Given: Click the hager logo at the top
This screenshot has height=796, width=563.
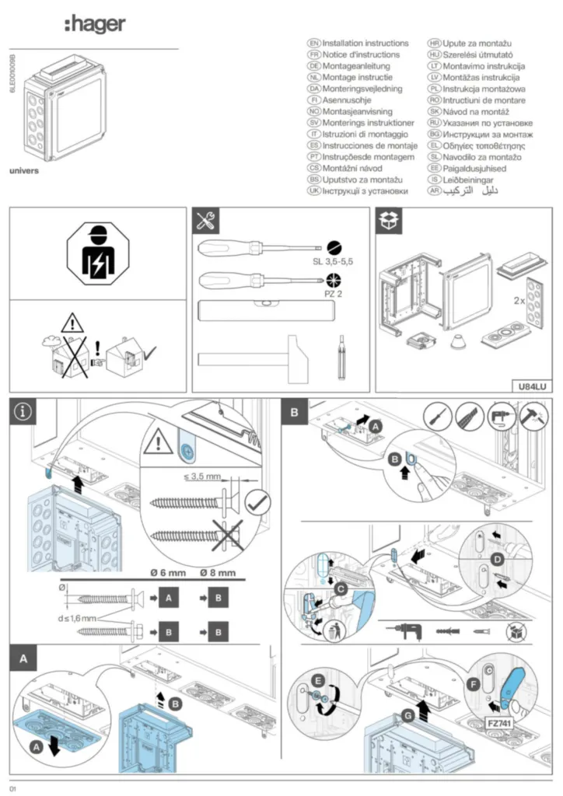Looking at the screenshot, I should click(x=94, y=24).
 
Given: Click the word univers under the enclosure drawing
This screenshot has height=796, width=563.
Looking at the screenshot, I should click(x=24, y=169).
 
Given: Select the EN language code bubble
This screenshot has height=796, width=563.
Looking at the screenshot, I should click(x=314, y=44).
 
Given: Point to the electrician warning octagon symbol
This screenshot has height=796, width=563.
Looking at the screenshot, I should click(x=98, y=254).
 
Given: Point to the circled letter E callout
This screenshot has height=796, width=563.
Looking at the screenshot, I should click(x=316, y=679).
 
